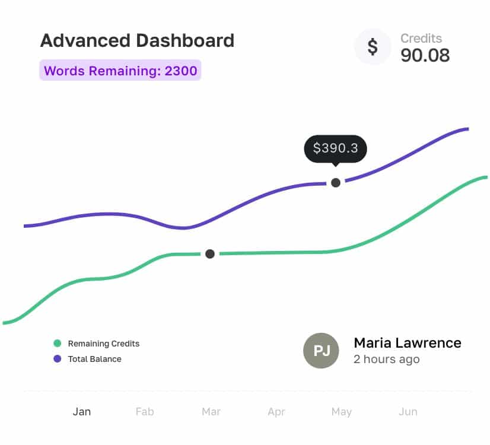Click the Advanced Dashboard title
137,41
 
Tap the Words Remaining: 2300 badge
120,71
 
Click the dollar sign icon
373,46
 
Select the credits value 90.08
425,55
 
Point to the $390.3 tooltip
335,148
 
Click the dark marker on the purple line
336,182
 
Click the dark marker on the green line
209,254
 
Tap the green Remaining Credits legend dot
57,344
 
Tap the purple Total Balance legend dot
57,359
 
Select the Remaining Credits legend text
104,344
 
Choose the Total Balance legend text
95,359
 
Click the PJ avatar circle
321,351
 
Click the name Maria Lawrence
407,343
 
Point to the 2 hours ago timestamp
386,360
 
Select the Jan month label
82,412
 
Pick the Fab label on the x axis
145,412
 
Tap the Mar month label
211,412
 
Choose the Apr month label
276,412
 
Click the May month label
342,412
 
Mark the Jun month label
408,412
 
